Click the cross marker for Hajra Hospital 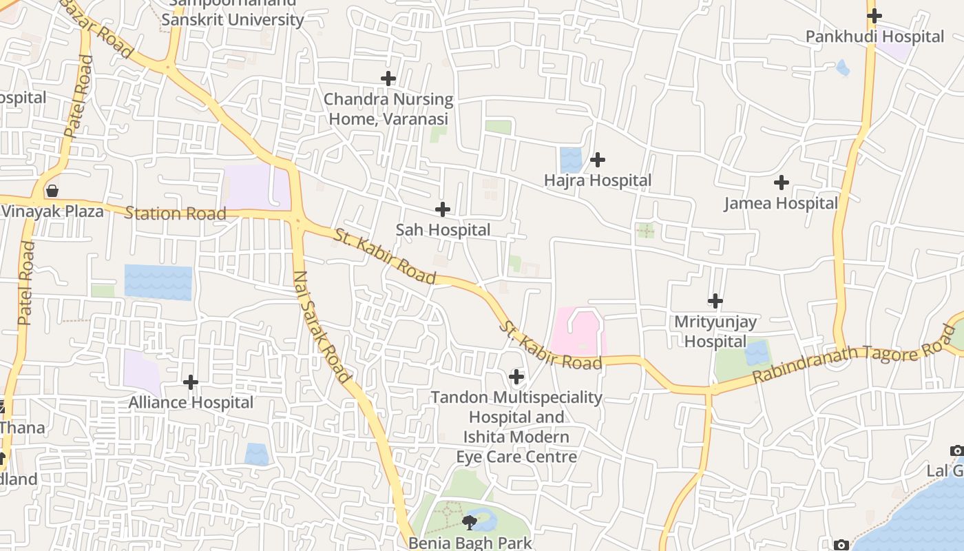(x=598, y=160)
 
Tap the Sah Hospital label (x=443, y=230)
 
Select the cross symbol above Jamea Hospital (x=781, y=183)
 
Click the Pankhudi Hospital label (x=874, y=37)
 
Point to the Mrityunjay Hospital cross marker (x=715, y=301)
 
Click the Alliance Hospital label (x=191, y=402)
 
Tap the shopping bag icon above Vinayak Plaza (x=52, y=191)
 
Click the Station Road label (x=175, y=214)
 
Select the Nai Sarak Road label (x=322, y=326)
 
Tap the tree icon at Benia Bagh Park (x=470, y=522)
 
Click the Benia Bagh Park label (x=470, y=543)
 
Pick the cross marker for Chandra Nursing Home (x=388, y=79)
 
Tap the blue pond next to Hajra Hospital (x=571, y=160)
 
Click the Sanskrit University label (x=232, y=19)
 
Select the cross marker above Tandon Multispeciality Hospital (x=516, y=377)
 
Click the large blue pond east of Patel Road (x=158, y=282)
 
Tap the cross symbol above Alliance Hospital (x=191, y=382)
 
